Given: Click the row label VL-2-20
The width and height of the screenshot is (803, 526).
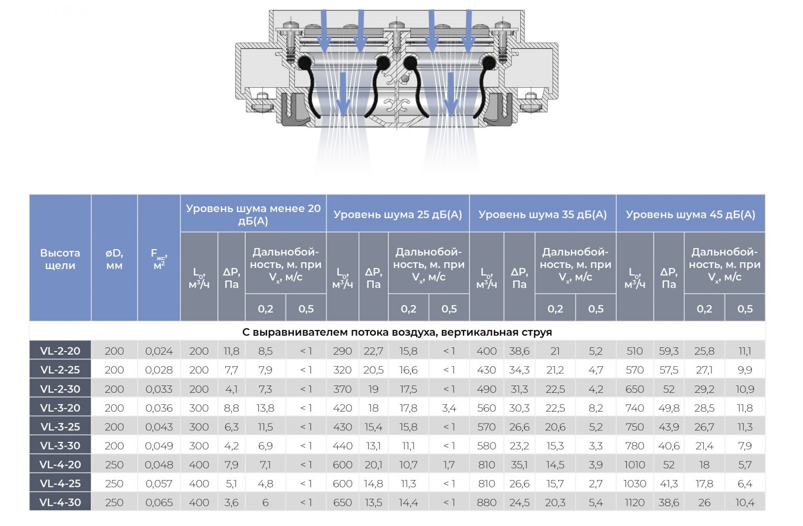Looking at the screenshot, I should [x=60, y=351].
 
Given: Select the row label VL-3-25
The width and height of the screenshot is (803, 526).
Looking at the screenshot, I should [x=60, y=427].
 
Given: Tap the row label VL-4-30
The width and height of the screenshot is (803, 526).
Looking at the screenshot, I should [x=60, y=502].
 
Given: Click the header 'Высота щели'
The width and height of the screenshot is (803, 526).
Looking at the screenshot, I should [x=60, y=259].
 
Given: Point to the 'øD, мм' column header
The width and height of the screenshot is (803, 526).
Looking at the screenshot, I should [x=114, y=259].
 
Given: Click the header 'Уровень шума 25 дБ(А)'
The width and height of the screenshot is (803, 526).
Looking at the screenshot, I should [x=398, y=215].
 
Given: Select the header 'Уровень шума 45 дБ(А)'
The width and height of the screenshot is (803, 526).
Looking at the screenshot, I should [x=690, y=215].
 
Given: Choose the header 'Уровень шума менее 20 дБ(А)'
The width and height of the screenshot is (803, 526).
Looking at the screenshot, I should [x=253, y=215].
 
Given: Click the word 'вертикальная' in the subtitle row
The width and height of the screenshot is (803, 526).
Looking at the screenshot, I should [x=478, y=332].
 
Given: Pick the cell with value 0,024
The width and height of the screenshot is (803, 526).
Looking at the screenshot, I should [x=159, y=351].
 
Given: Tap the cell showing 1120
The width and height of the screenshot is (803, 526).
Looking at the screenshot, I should [x=634, y=502].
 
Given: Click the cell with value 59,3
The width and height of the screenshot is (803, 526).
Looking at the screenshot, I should [x=669, y=351].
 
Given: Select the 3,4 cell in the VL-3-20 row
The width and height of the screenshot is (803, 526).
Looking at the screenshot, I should [x=449, y=408].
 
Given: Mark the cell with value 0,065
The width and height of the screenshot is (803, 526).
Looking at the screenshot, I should [x=159, y=502].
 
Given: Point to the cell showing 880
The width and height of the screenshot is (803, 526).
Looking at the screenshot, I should [x=486, y=502].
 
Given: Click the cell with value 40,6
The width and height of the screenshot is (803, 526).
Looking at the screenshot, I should [x=669, y=446].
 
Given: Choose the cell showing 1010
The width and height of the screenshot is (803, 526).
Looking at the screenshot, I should [x=634, y=465].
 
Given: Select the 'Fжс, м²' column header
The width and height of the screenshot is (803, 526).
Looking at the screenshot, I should [x=159, y=259].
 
